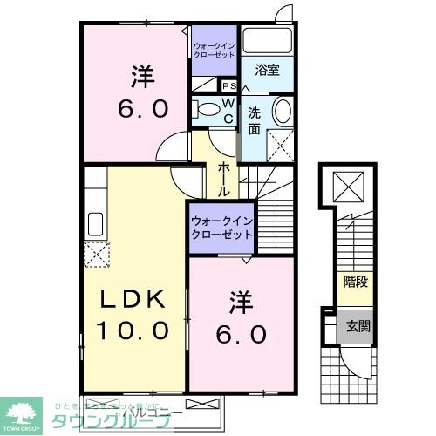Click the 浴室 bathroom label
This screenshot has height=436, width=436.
(x=267, y=70)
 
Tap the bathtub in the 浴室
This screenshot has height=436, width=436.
(x=267, y=41)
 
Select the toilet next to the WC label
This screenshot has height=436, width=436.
(x=207, y=110)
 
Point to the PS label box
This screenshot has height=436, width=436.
(x=231, y=86)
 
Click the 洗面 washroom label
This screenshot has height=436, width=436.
(x=254, y=119)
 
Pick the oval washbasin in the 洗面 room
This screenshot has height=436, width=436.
(x=283, y=112)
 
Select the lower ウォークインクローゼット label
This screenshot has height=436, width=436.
(x=221, y=228)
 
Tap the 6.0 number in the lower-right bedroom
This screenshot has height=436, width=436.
(x=242, y=334)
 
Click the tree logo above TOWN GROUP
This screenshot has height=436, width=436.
(x=24, y=407)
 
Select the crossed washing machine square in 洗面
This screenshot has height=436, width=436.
(x=279, y=143)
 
